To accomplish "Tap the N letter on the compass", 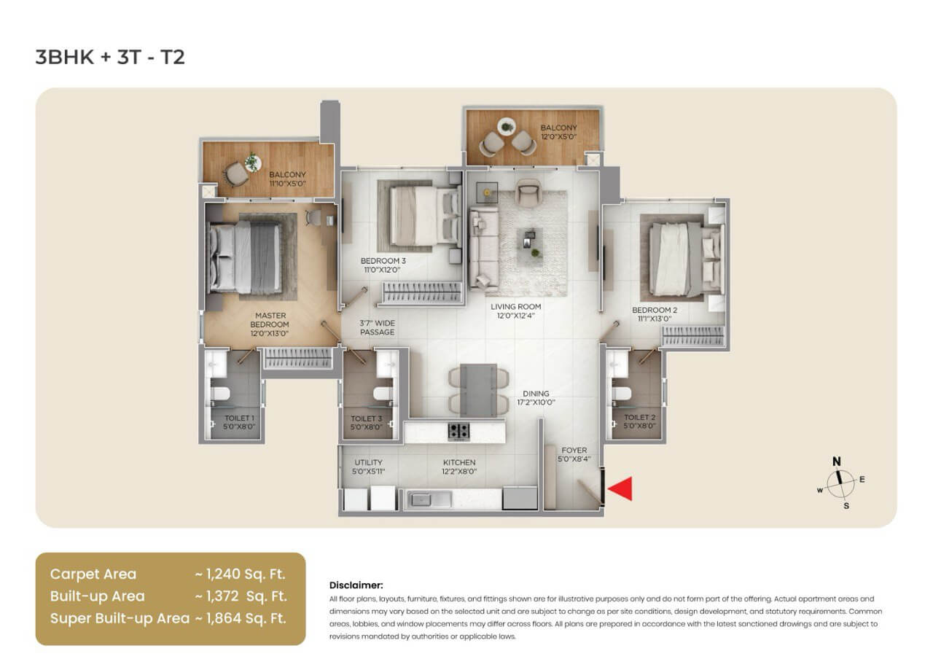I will coord(837,461).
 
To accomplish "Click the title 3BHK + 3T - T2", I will coord(110,58).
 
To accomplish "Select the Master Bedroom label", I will coord(270,324).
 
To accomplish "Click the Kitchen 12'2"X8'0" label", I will coord(459,467).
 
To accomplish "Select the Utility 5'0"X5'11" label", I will coord(368,467).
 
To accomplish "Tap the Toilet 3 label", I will coord(366,423).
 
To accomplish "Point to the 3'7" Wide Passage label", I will coord(377,327).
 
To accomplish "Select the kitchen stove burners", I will coord(458,431).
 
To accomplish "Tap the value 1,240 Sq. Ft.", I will coord(241,574).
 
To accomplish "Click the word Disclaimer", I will coord(356,585).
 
